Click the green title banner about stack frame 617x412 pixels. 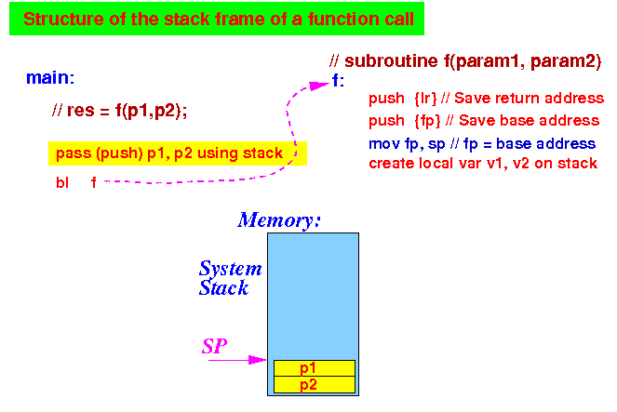point(217,19)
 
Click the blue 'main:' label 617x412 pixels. point(50,78)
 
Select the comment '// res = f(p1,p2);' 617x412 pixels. point(119,111)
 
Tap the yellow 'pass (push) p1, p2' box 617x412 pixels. point(178,153)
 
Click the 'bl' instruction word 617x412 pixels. point(62,183)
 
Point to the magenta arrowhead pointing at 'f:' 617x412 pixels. point(318,86)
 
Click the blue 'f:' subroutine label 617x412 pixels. point(338,81)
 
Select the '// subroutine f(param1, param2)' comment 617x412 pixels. point(465,61)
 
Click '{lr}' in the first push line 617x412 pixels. point(425,99)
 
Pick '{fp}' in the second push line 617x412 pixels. point(427,121)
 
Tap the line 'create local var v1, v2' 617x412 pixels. point(483,164)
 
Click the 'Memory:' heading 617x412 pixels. point(279,220)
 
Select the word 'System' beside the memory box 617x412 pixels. point(230,269)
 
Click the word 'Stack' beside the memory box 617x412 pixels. point(223,287)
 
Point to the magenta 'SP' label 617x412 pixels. point(214,346)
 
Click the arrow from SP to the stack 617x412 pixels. point(237,360)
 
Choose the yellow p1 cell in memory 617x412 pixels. point(315,368)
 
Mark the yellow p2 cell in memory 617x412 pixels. point(315,385)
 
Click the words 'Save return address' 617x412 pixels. point(529,99)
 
